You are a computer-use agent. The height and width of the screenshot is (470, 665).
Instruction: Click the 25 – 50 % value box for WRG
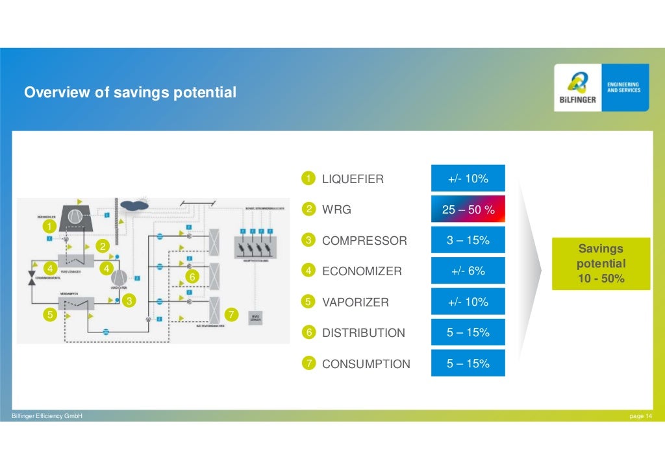tap(468, 210)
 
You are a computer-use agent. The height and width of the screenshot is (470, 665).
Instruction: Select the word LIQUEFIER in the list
tap(353, 179)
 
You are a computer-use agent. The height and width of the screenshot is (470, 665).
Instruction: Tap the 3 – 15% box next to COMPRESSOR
tap(468, 241)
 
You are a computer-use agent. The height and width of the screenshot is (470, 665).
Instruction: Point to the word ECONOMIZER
tap(362, 271)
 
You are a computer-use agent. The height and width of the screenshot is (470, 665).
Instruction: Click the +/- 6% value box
tap(468, 271)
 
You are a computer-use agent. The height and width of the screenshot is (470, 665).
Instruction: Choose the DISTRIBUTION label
tap(363, 333)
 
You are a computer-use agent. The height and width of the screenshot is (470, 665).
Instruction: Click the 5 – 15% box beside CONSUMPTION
tap(468, 364)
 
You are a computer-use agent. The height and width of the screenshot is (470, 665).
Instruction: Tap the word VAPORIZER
tap(355, 303)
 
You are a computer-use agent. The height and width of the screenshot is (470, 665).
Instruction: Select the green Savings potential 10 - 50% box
tap(601, 264)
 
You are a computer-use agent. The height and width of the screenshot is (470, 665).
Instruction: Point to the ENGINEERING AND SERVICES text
tap(623, 87)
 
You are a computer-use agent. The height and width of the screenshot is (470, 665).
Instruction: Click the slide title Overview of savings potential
tap(130, 93)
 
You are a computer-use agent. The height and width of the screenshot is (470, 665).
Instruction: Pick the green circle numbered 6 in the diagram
tap(192, 277)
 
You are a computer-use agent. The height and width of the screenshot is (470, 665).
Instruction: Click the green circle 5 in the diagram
tap(49, 314)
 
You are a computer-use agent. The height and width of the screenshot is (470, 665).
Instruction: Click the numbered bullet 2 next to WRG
tap(309, 209)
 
